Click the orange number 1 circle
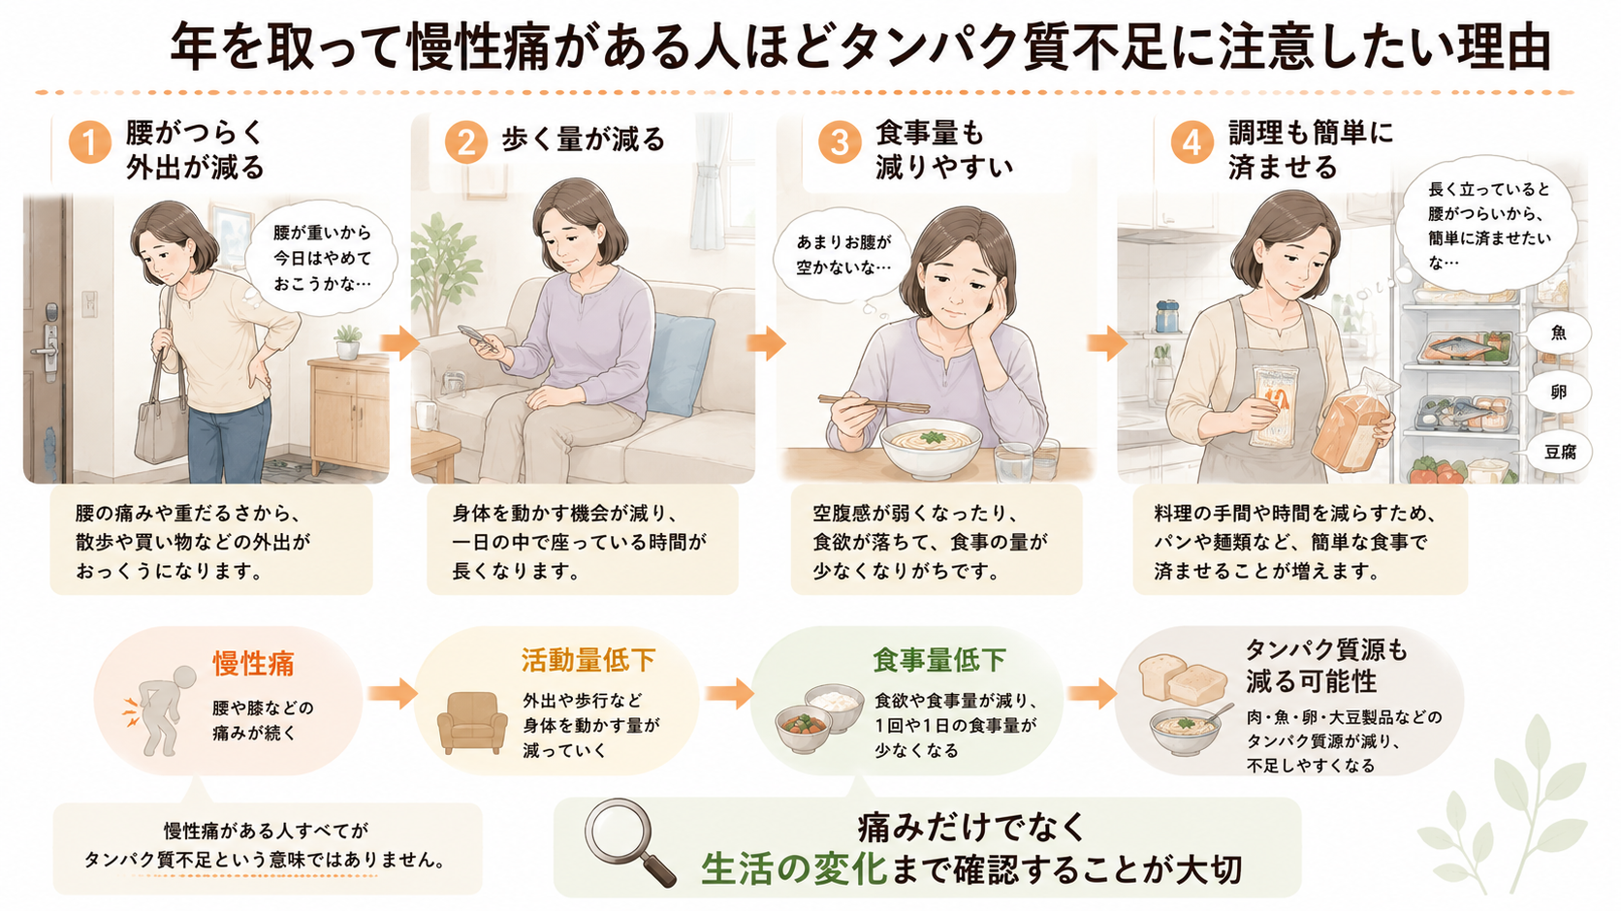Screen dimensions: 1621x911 [x=90, y=141]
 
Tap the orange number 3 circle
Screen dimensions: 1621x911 [x=840, y=141]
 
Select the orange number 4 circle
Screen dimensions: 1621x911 [x=1192, y=142]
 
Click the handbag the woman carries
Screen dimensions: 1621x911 [x=162, y=427]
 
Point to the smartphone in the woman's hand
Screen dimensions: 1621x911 [x=478, y=337]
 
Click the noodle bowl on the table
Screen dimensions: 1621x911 [x=931, y=447]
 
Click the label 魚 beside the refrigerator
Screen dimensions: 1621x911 [x=1559, y=332]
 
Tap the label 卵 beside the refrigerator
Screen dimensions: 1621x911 [x=1559, y=393]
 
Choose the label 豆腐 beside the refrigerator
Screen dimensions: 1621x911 [x=1560, y=453]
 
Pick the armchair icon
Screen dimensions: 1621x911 [x=472, y=722]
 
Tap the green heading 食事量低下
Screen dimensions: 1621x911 [x=939, y=660]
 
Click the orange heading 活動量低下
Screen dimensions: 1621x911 [x=588, y=660]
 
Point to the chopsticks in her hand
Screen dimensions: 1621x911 [x=874, y=404]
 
